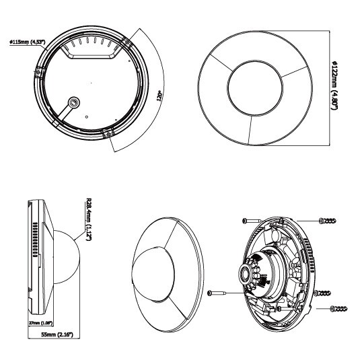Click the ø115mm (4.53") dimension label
(x=28, y=42)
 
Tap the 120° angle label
(x=159, y=96)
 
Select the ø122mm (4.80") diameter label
(x=334, y=85)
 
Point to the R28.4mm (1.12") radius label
(x=88, y=219)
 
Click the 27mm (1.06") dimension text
(x=40, y=323)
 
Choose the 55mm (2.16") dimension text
(x=57, y=334)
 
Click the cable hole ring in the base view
(x=74, y=102)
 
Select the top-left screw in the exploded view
(x=252, y=221)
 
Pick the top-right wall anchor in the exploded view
(x=328, y=221)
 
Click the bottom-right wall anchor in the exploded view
(x=338, y=309)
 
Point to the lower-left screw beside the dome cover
(x=217, y=293)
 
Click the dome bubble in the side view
(x=67, y=256)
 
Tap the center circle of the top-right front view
(x=255, y=88)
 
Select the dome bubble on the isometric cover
(x=153, y=274)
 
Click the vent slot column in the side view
(x=35, y=240)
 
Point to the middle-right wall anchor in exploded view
(x=322, y=293)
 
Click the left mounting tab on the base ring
(x=38, y=71)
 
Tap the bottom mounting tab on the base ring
(x=108, y=133)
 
